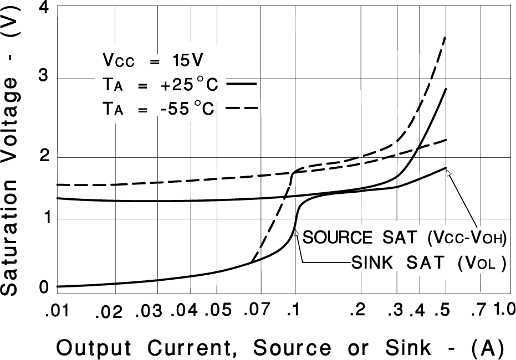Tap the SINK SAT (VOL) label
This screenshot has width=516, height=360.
pos(428,264)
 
